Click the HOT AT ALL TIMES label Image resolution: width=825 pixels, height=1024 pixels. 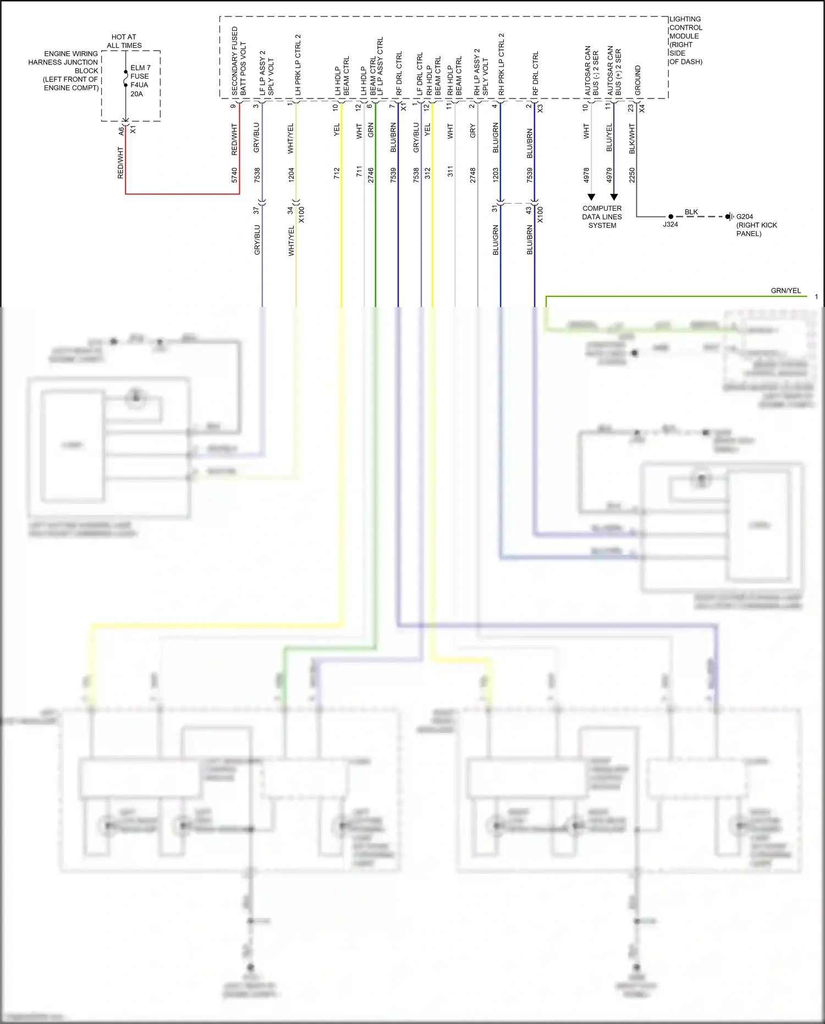(x=124, y=41)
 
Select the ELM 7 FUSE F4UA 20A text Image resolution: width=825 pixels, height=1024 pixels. (x=140, y=81)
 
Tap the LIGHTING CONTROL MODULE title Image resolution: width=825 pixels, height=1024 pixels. (x=685, y=40)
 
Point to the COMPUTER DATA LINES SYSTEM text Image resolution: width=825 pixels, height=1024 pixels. (x=602, y=217)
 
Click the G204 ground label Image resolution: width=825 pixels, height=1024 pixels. (x=745, y=217)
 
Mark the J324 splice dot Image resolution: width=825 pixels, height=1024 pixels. (x=670, y=217)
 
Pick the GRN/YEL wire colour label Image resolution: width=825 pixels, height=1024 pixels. (x=785, y=291)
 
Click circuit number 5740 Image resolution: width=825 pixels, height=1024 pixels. (x=234, y=175)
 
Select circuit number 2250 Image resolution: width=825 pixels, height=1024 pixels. (x=632, y=175)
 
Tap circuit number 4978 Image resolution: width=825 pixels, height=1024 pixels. (x=586, y=175)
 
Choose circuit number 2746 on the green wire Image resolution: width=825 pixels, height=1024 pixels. (x=371, y=175)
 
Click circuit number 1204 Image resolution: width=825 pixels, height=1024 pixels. (x=291, y=175)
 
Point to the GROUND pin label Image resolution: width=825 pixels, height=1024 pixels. (x=638, y=80)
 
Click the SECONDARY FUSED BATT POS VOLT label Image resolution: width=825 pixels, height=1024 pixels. (x=239, y=61)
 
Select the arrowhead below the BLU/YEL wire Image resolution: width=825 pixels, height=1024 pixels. (x=614, y=197)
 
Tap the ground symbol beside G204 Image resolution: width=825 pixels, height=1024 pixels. (x=729, y=217)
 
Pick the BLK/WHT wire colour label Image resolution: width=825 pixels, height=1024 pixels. (x=632, y=139)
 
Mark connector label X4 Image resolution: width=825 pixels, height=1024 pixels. (x=642, y=108)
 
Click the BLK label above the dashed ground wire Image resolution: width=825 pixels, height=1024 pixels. (x=691, y=212)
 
